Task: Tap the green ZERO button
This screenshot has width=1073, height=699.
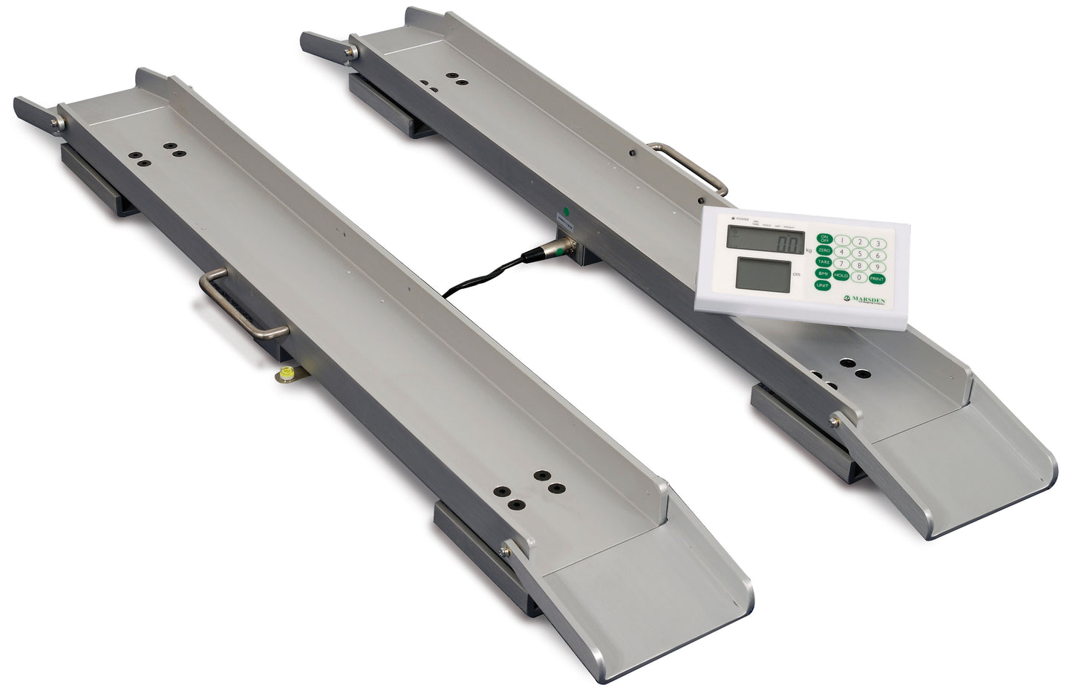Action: (824, 250)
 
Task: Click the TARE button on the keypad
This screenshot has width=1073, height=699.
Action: (823, 261)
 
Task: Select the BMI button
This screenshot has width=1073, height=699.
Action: (823, 273)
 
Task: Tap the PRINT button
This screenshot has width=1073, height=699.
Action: (877, 279)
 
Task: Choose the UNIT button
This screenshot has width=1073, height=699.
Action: (822, 285)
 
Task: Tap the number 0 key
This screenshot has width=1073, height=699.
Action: (859, 277)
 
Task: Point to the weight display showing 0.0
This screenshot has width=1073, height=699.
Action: (766, 241)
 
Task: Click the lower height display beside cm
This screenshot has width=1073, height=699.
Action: (763, 275)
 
